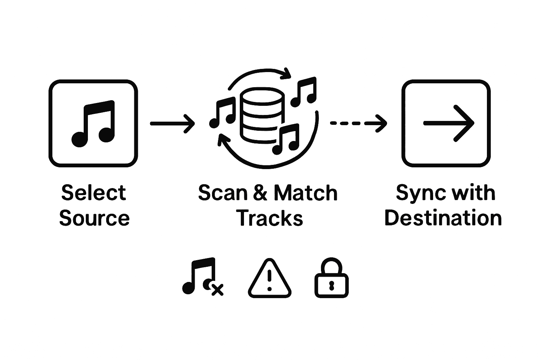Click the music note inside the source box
click(93, 123)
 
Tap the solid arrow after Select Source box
click(172, 123)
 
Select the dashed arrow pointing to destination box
click(359, 123)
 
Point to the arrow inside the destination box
click(449, 123)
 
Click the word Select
click(94, 193)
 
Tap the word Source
click(94, 218)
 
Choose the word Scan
click(223, 193)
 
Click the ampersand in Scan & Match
click(260, 193)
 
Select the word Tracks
click(269, 218)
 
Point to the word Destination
click(443, 218)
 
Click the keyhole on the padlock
click(331, 285)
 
